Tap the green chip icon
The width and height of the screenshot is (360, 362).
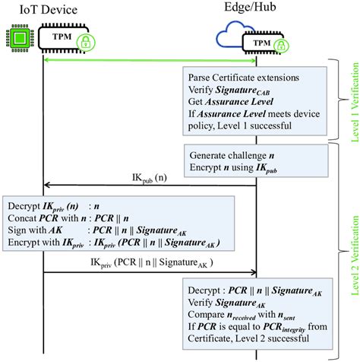pyautogui.click(x=17, y=37)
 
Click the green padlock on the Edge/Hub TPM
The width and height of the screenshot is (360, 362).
pyautogui.click(x=279, y=46)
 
